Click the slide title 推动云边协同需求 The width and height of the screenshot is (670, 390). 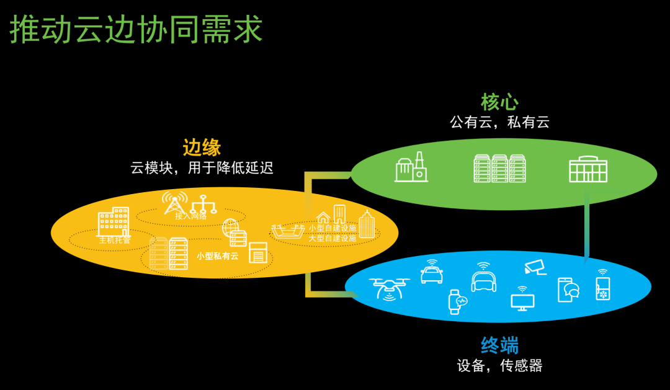point(136,30)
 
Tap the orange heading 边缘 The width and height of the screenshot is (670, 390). point(202,148)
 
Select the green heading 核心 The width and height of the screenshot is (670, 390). point(499,102)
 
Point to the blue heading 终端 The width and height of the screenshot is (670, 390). point(499,345)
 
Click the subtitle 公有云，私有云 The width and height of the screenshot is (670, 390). point(499,122)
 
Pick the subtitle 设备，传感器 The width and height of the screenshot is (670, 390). point(499,366)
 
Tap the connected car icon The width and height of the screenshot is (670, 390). point(431,273)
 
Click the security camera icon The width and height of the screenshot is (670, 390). point(534,267)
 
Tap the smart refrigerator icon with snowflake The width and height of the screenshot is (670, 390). point(602,287)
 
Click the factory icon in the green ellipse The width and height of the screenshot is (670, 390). point(411,167)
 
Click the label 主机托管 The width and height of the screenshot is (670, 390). point(115,240)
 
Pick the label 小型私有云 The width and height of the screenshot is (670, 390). point(217,255)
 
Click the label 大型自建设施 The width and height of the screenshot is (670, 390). point(333,238)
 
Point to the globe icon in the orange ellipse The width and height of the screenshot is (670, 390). point(230,226)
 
